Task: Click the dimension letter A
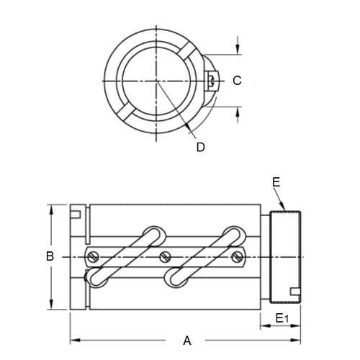pyautogui.click(x=187, y=341)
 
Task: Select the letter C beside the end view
pyautogui.click(x=237, y=81)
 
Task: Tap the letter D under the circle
pyautogui.click(x=201, y=146)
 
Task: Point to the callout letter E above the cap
pyautogui.click(x=276, y=183)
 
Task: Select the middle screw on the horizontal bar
pyautogui.click(x=166, y=255)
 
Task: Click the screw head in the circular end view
pyautogui.click(x=210, y=80)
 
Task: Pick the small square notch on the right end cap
pyautogui.click(x=294, y=292)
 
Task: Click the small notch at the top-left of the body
pyautogui.click(x=76, y=212)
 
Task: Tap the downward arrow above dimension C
pyautogui.click(x=237, y=51)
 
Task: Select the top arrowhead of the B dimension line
pyautogui.click(x=50, y=210)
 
